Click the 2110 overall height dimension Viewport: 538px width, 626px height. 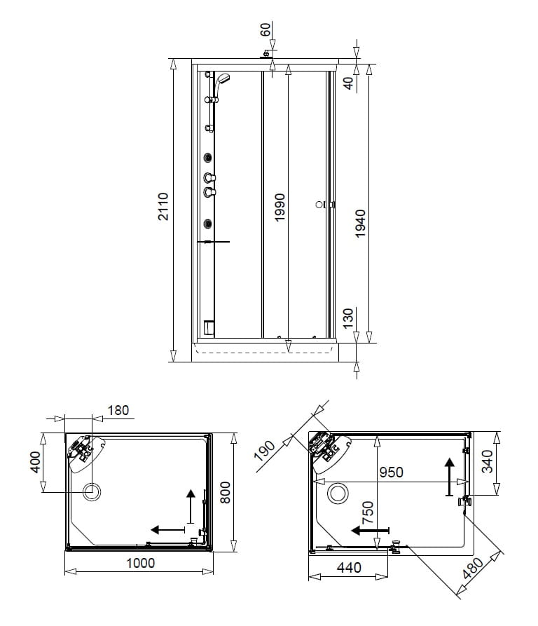tap(163, 206)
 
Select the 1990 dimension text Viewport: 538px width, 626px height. tap(280, 207)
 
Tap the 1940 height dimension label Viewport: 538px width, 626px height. tap(360, 224)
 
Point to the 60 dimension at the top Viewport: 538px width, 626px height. tap(265, 29)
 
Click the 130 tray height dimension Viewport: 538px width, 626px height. tap(348, 318)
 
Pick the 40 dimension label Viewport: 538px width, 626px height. tap(348, 83)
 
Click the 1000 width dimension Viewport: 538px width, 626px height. tap(140, 564)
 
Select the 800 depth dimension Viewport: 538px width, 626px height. tap(225, 492)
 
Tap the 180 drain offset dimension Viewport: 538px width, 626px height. tap(118, 410)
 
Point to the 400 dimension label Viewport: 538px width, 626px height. tap(35, 462)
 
